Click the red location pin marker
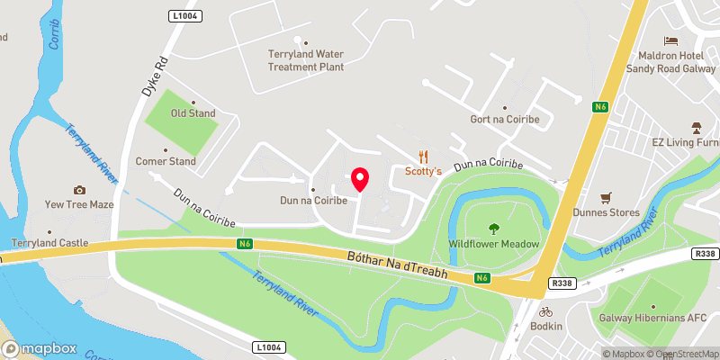[360, 178]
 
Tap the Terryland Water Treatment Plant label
[306, 59]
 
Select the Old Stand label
[193, 113]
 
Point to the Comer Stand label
[165, 162]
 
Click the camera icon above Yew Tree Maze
[79, 190]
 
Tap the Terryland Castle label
[49, 243]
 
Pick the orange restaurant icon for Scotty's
[423, 156]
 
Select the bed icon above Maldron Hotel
[670, 40]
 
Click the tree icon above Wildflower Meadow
[493, 229]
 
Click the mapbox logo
[40, 348]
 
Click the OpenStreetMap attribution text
[687, 354]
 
